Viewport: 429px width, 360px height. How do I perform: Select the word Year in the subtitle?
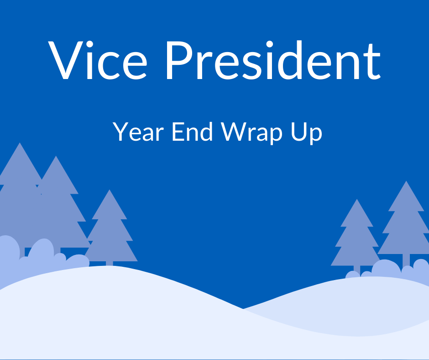(x=136, y=132)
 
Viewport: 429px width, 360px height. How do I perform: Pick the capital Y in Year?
(x=120, y=132)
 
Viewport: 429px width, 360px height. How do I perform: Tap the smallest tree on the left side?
(x=110, y=228)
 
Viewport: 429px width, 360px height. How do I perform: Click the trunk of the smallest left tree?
(x=110, y=263)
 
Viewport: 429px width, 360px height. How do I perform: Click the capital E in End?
(x=177, y=132)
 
